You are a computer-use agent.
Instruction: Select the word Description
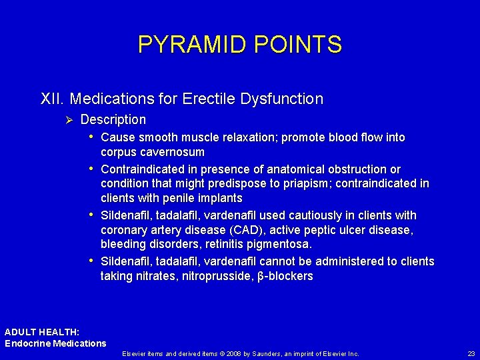pos(113,120)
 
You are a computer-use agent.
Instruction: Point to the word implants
pos(221,198)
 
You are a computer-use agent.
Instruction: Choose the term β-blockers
pos(285,276)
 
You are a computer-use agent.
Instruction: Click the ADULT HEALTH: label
pos(42,332)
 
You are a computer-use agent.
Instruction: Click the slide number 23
pos(471,353)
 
